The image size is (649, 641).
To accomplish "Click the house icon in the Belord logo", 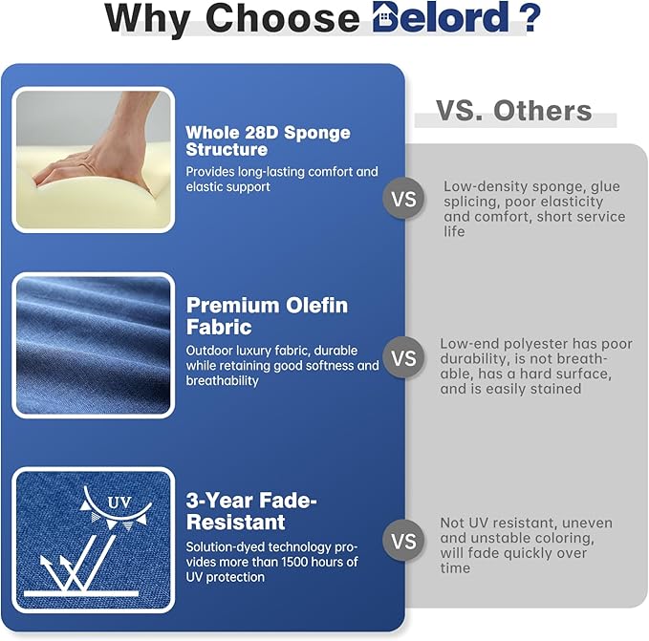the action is [384, 17].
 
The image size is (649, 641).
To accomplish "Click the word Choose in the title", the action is [283, 18].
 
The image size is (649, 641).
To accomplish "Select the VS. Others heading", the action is [514, 111].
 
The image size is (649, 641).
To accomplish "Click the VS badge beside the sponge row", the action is [404, 200].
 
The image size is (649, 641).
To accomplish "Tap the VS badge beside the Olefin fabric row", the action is [404, 357].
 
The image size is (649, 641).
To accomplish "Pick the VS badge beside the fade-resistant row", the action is [404, 541].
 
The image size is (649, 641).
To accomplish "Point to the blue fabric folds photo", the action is [93, 345].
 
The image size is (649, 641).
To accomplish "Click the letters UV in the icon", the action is [119, 502].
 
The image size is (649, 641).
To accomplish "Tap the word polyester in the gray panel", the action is [536, 344].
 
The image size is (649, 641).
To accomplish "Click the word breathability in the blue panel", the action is [223, 381].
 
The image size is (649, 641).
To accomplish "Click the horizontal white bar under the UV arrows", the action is [81, 594].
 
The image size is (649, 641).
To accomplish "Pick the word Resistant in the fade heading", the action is [235, 523].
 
